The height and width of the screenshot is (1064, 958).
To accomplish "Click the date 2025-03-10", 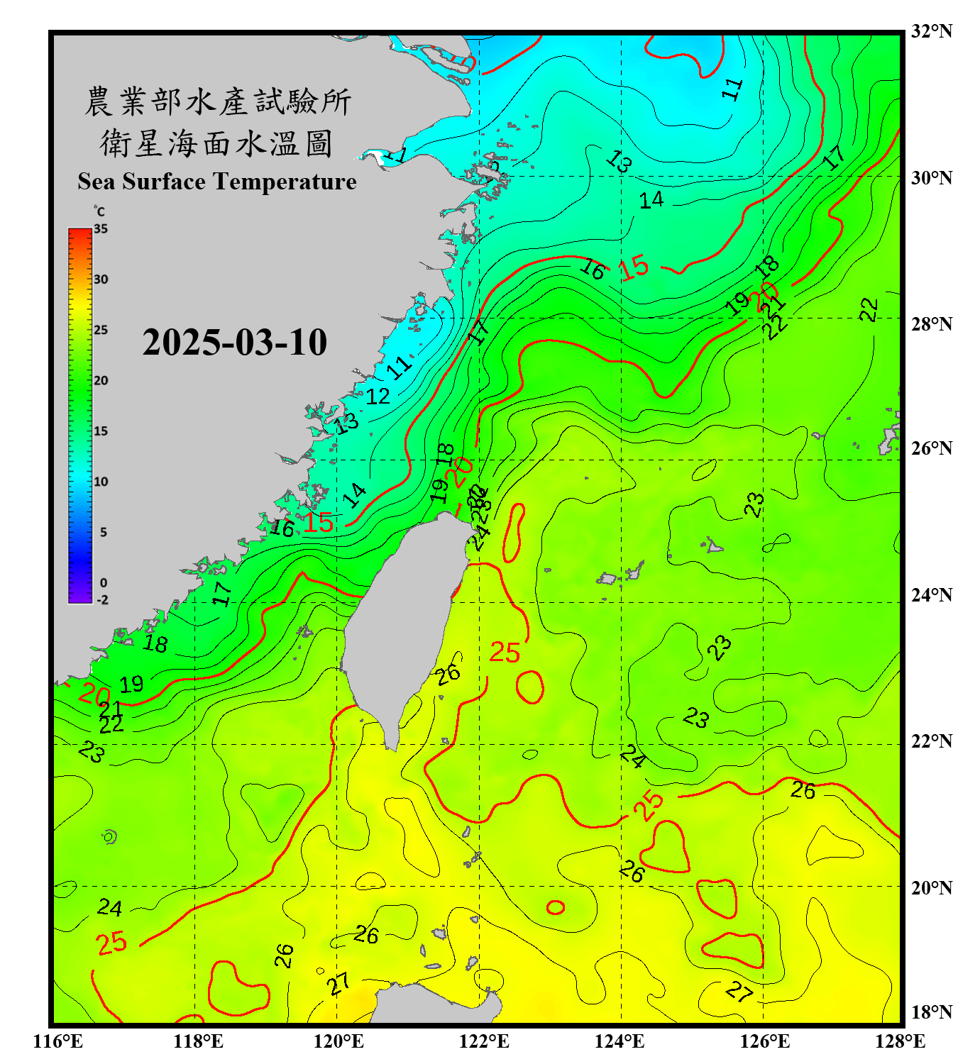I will (x=234, y=343).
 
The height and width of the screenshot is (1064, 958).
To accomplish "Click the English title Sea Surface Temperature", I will (x=217, y=182).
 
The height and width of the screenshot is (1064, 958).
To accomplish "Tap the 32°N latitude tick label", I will (x=931, y=31).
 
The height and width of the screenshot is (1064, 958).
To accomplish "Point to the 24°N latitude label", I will (x=931, y=595).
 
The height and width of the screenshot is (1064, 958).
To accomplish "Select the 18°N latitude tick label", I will (x=931, y=1012).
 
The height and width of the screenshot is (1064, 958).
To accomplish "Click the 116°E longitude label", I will (x=58, y=1041).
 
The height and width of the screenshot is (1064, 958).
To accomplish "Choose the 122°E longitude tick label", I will (x=484, y=1041).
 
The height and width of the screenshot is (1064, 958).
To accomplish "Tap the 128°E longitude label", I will (x=900, y=1041).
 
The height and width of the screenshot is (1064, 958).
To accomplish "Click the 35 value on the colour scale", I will (x=101, y=229).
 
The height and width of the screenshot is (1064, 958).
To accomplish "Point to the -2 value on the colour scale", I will (x=102, y=600).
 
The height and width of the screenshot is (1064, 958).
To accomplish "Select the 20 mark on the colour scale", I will (x=101, y=381).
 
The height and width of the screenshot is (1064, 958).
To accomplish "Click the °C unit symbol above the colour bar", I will (x=99, y=211).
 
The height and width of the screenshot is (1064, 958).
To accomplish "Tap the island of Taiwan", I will (x=404, y=624).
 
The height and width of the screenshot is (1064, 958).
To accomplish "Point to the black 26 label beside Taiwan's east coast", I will (x=448, y=675).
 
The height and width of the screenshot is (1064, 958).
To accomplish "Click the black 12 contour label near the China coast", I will (x=378, y=397).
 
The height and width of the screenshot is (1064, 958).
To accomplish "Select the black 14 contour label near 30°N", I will (x=651, y=200).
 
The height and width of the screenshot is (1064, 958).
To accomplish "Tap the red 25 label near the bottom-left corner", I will (x=111, y=943).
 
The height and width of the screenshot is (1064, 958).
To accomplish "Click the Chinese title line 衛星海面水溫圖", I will (x=216, y=144).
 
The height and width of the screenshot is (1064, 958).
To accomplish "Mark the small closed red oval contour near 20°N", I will (x=556, y=907).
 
